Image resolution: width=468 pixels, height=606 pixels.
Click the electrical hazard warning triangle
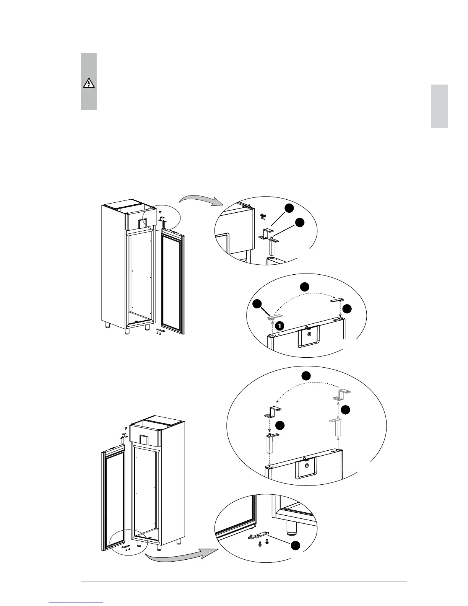point(89,83)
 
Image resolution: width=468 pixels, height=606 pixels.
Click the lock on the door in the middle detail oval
point(309,334)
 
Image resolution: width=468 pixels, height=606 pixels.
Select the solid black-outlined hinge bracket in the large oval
point(273,412)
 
